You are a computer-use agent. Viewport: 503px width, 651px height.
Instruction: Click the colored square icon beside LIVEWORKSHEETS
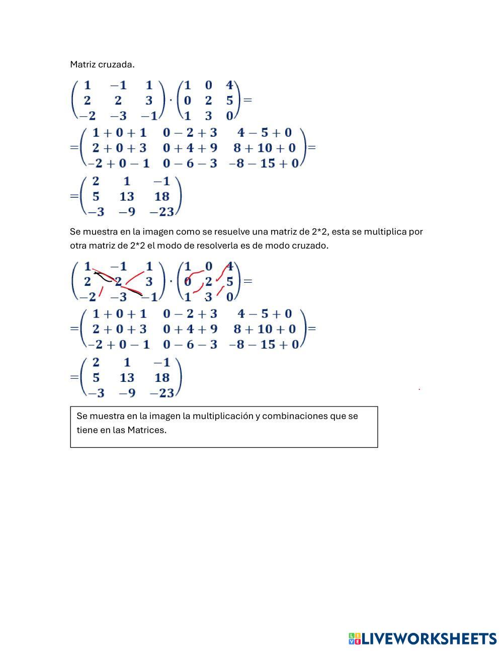coord(354,639)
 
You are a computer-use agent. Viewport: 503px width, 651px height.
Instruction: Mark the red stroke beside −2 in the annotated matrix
coord(101,291)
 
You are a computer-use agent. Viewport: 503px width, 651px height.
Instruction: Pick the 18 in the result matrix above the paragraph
coord(162,196)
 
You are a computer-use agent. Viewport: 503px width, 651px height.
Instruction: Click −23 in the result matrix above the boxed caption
coord(162,393)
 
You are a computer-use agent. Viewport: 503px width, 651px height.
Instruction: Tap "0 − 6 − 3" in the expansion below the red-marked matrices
coord(190,344)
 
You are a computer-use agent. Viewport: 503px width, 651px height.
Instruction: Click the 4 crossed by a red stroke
coord(229,266)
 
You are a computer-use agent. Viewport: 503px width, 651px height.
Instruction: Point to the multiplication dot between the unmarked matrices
coord(171,100)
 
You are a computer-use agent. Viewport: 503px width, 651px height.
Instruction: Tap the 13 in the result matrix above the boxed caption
coord(127,377)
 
